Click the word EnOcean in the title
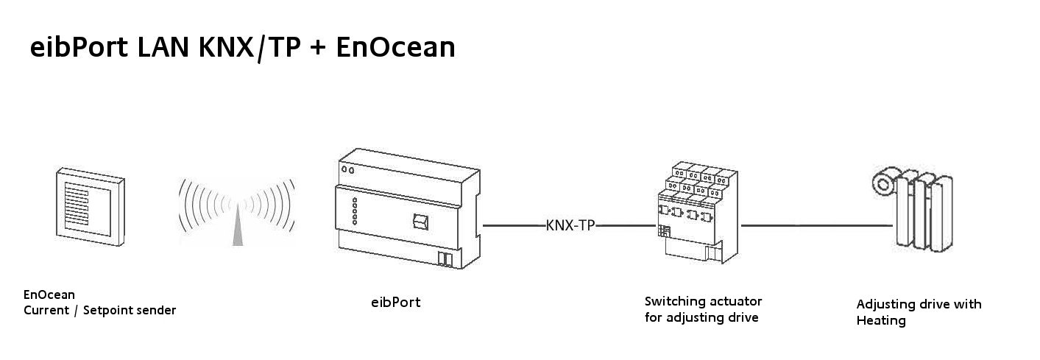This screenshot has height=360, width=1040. [x=395, y=48]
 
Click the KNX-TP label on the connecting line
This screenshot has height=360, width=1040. [x=570, y=226]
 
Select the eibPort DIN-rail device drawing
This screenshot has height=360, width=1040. [x=404, y=213]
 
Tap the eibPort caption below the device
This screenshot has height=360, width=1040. [x=395, y=302]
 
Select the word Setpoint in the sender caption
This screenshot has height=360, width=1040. [x=109, y=311]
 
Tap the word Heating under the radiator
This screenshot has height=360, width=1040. [x=880, y=321]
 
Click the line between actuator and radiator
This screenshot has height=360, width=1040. [x=817, y=226]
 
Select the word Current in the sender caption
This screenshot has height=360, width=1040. [x=46, y=311]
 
